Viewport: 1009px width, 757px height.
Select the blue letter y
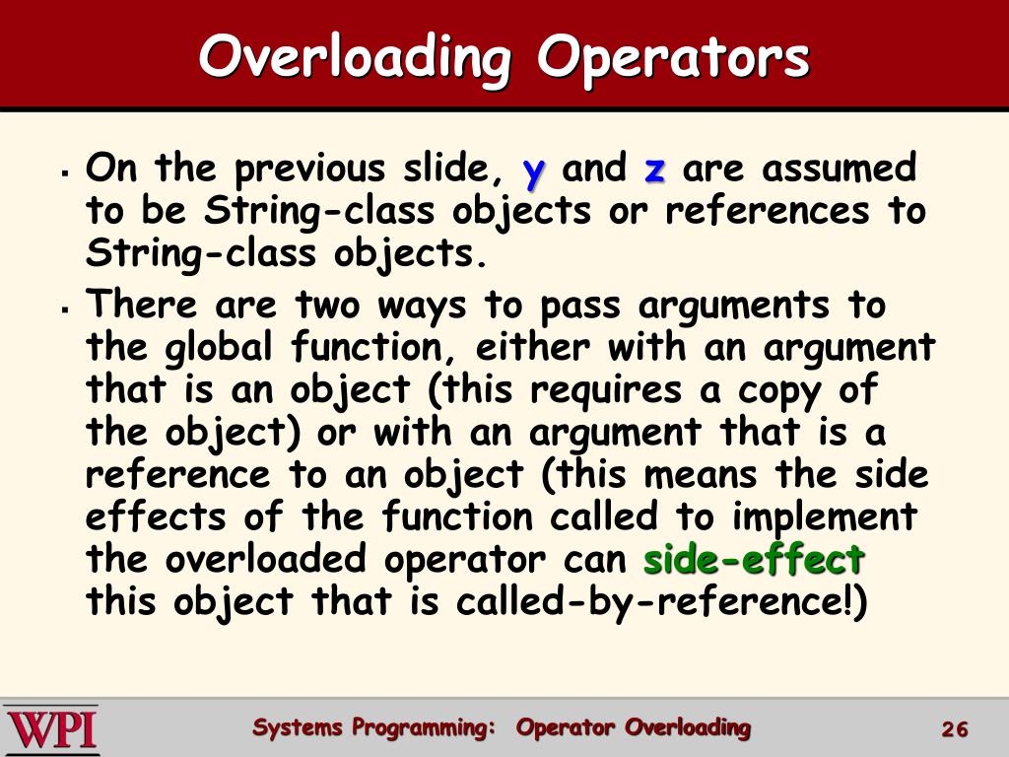click(533, 172)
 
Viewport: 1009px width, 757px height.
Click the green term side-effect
click(753, 559)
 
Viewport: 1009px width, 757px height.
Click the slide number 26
click(955, 729)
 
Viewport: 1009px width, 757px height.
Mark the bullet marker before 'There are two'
click(63, 310)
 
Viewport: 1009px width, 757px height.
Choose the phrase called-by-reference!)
click(661, 601)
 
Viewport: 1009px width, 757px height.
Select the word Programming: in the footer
click(424, 728)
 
